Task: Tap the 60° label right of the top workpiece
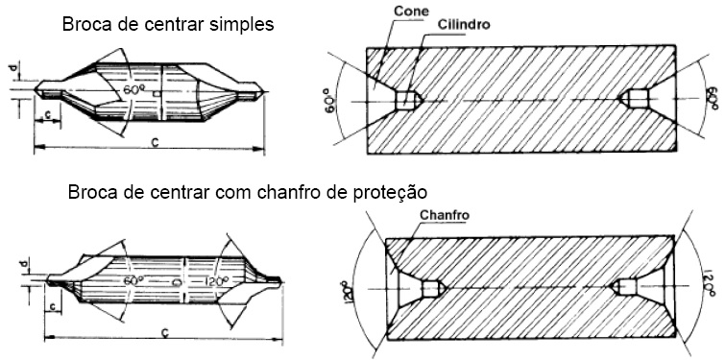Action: (x=712, y=98)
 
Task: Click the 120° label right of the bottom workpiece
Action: (x=709, y=285)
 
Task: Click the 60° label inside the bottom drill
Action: (x=133, y=280)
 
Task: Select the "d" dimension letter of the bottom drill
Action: (x=25, y=261)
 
